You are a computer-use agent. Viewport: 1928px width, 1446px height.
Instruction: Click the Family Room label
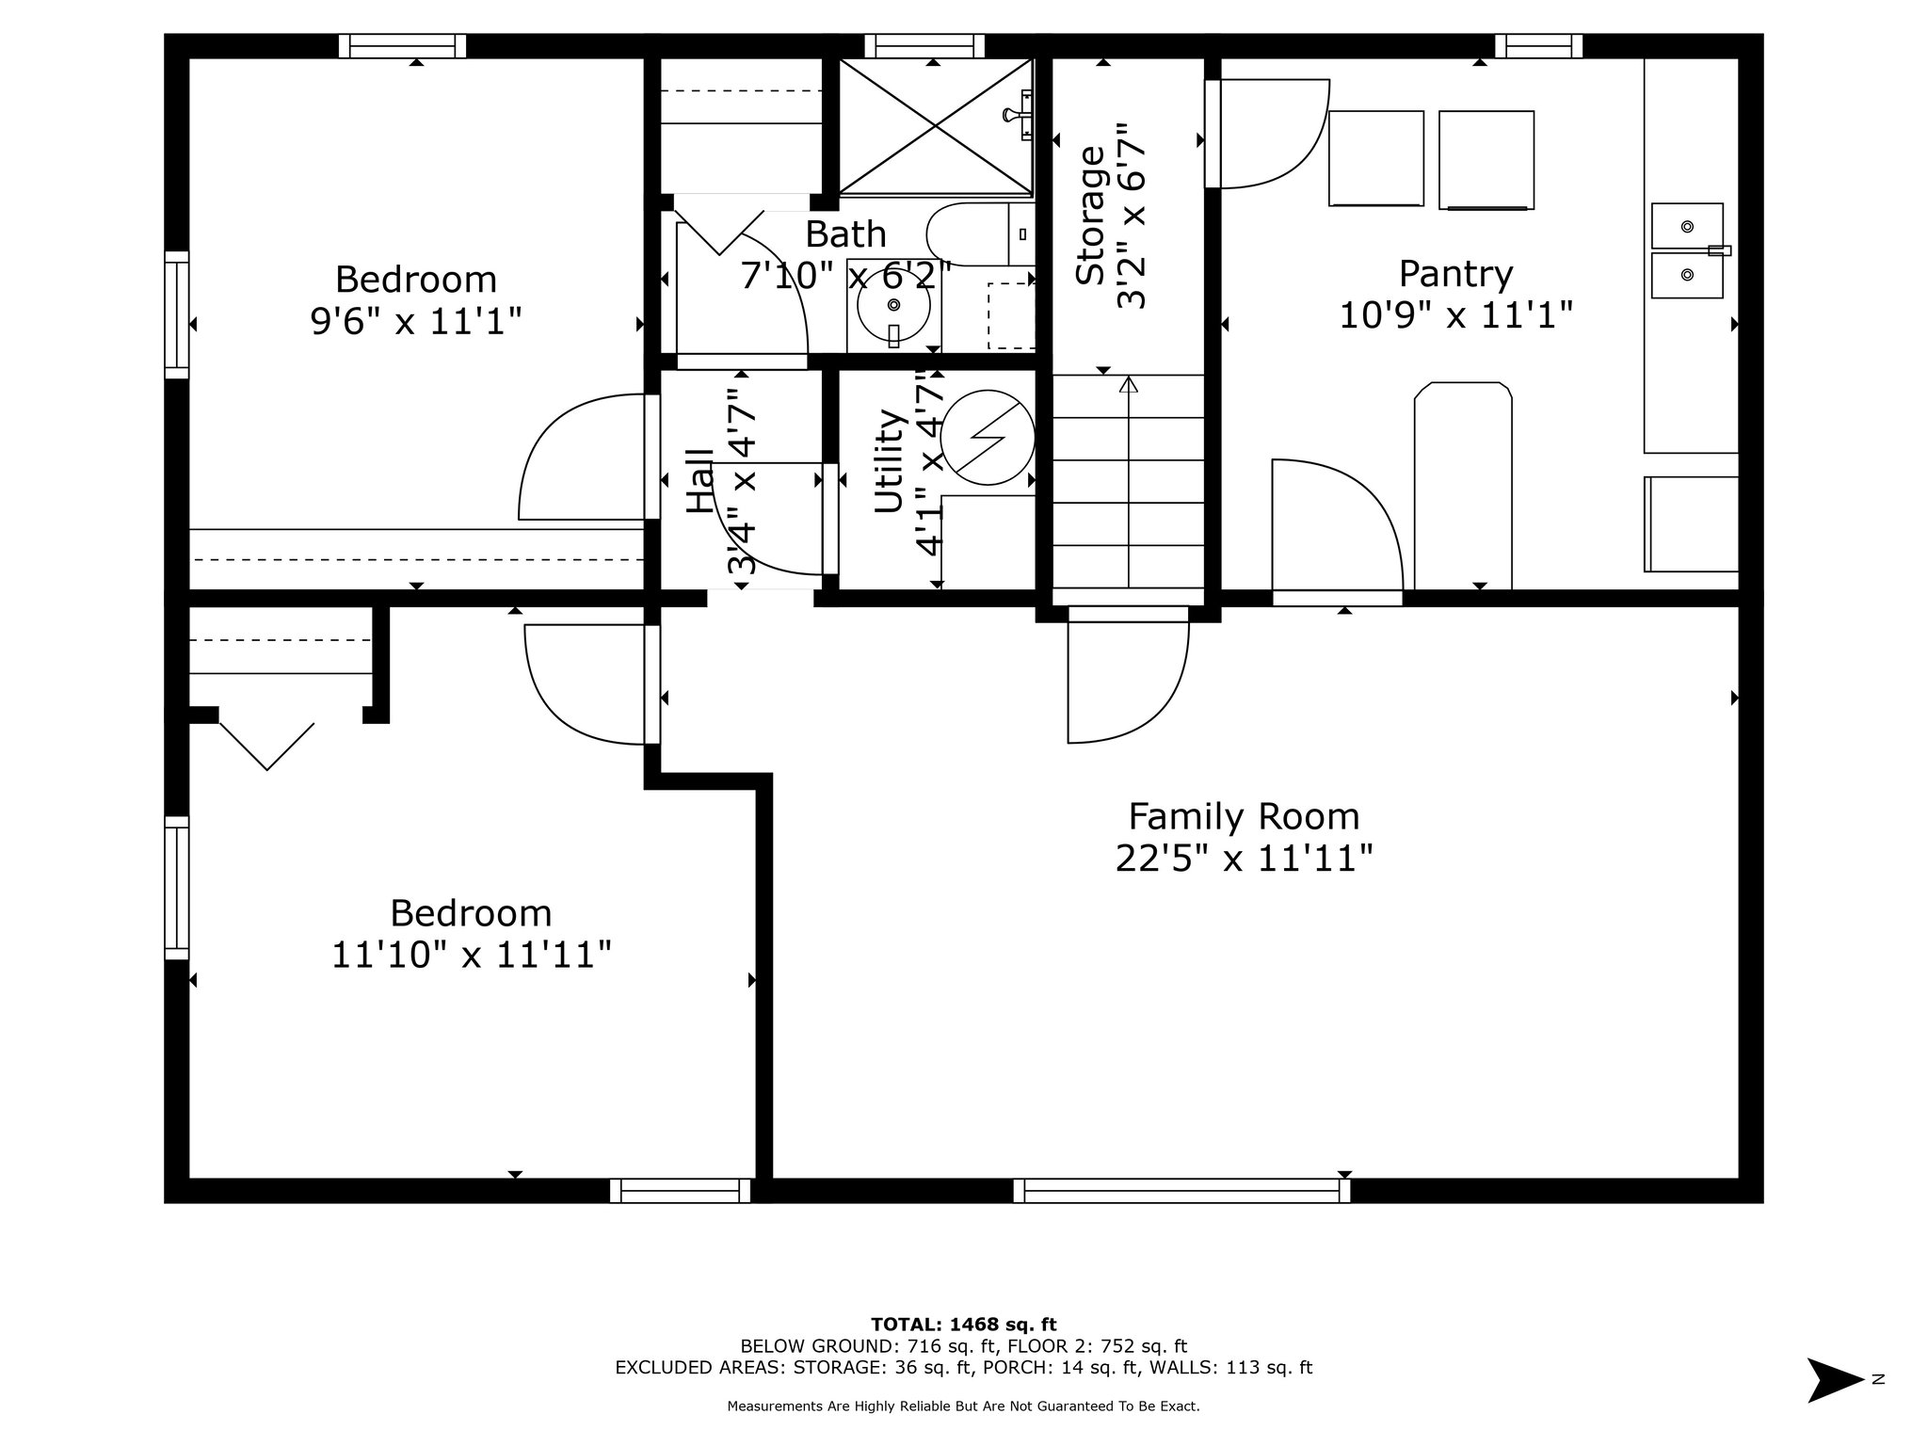tap(1244, 815)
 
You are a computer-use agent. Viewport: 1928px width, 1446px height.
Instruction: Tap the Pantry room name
tap(1455, 274)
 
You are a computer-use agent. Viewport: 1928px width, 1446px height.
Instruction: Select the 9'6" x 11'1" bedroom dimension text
tap(415, 322)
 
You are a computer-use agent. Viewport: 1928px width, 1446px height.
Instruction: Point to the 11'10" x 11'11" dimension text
tap(471, 955)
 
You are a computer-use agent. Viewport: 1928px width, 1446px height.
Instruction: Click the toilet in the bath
tap(979, 233)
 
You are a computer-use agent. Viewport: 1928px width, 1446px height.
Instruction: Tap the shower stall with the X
tap(935, 127)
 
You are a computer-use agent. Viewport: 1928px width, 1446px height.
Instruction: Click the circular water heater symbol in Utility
tap(988, 438)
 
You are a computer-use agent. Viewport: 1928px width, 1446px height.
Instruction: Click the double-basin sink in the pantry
tap(1688, 250)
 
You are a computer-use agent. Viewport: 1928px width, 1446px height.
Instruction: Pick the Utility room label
tap(889, 461)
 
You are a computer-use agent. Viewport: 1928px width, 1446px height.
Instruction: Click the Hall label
tap(699, 481)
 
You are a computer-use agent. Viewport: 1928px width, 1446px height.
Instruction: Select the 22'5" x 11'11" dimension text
tap(1244, 859)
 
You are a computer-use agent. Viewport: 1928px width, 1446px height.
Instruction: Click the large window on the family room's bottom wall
tap(1181, 1191)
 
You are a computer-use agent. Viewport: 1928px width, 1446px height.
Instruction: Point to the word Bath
tap(845, 233)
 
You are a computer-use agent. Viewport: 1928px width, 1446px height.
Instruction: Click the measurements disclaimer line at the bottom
tap(963, 1406)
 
